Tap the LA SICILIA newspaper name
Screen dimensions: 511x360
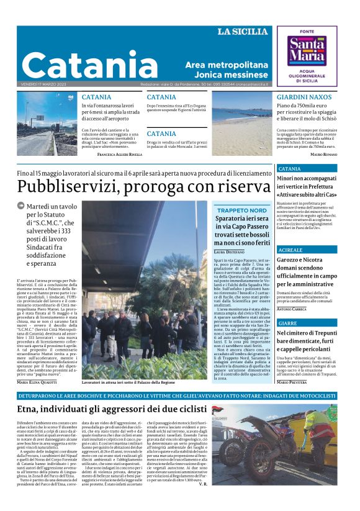coord(243,32)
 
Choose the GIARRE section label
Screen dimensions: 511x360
coord(287,323)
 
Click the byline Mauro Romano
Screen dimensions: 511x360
coord(323,154)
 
